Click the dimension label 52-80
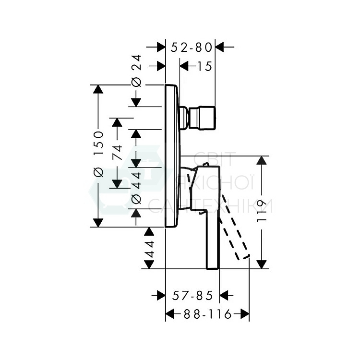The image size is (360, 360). tap(192, 48)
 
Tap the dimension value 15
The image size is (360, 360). tap(205, 67)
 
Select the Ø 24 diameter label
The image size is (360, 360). tap(136, 71)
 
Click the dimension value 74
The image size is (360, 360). tap(117, 152)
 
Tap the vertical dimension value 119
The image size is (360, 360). tap(262, 211)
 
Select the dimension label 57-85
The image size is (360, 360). tap(192, 296)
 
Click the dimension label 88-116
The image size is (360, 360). tap(207, 314)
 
